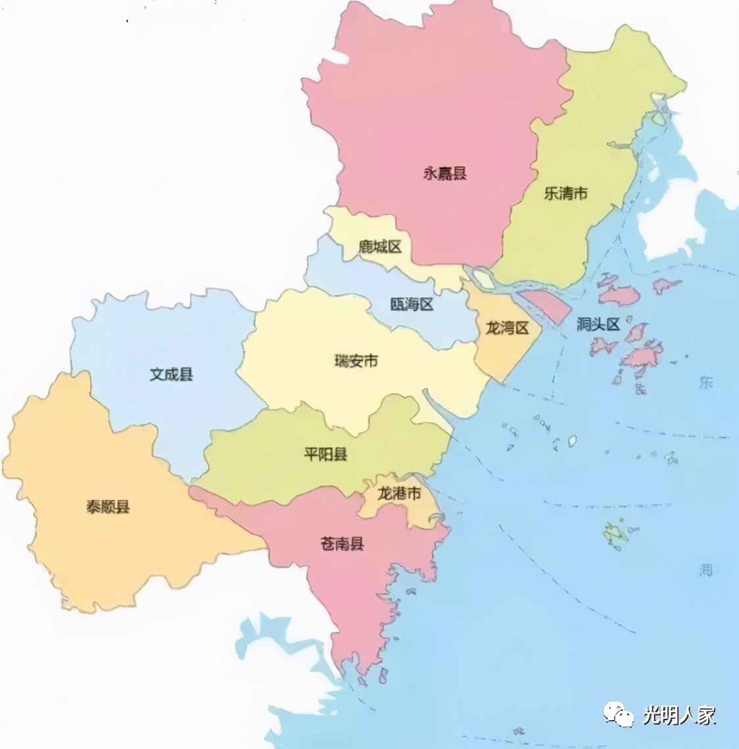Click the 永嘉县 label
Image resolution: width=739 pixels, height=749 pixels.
tap(444, 173)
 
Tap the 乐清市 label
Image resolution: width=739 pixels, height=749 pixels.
tap(565, 193)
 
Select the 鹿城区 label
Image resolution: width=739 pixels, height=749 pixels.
tap(379, 247)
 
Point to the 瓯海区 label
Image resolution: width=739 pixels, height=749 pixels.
tap(412, 304)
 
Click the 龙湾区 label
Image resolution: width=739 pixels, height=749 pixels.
tap(507, 327)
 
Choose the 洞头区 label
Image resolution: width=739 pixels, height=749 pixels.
tap(598, 324)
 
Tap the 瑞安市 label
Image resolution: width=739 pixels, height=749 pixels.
tap(356, 361)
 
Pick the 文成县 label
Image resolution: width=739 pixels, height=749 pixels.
tap(171, 374)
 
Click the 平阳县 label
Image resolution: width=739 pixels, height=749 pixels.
tap(325, 454)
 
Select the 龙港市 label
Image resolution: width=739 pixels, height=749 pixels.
tap(398, 493)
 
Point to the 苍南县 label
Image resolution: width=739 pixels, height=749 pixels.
tap(342, 543)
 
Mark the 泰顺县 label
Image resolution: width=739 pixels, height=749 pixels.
tap(108, 507)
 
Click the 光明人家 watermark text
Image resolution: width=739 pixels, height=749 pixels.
tap(679, 715)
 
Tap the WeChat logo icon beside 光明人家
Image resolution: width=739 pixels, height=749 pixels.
tap(619, 714)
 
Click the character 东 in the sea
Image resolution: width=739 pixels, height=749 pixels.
tap(705, 382)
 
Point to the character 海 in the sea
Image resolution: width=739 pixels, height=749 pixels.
tap(705, 569)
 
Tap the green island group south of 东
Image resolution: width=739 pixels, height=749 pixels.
tap(616, 533)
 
